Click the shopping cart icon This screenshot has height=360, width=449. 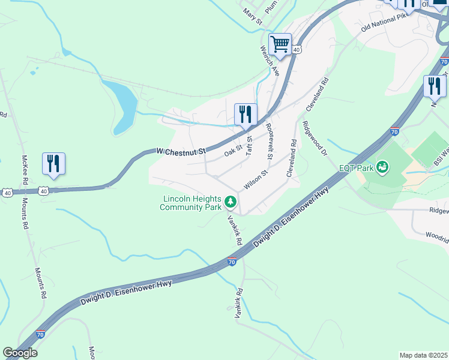point(280,44)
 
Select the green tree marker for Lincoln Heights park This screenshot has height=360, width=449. point(231,203)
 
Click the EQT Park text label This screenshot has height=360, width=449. point(356,168)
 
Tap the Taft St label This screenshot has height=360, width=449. point(249,146)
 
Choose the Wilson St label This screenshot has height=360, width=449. point(255,178)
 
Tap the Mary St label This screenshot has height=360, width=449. point(253,16)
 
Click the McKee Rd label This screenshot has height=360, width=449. point(25,170)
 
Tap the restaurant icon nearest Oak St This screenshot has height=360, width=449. point(245,114)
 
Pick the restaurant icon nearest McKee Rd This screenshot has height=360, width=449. point(53,164)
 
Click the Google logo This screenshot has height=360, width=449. point(20,353)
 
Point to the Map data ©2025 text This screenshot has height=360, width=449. point(423,355)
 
